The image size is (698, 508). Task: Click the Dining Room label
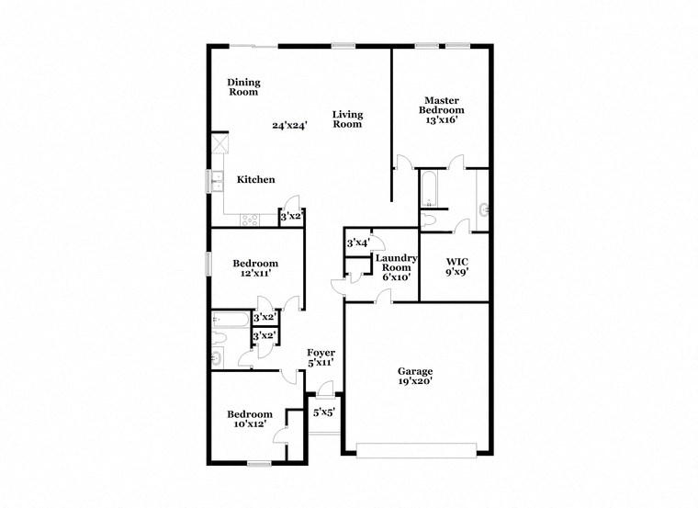point(242,86)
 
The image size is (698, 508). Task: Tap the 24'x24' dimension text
point(288,125)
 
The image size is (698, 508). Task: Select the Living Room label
point(347,119)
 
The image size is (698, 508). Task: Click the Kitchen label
point(256,180)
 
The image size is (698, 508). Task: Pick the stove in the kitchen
point(249,219)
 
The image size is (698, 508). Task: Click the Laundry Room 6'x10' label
point(398,267)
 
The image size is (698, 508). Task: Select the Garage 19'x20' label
point(415,376)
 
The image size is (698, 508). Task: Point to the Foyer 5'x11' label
point(321,357)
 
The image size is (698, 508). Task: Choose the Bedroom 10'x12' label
point(250,419)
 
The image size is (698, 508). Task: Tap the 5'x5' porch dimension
point(323,412)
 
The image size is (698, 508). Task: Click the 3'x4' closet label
point(357,243)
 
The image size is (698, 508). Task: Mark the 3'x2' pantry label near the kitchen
point(290,216)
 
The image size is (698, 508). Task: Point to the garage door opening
point(417,449)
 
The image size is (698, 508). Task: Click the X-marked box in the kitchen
point(220,145)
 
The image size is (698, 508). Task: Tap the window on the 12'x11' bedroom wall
point(208,265)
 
